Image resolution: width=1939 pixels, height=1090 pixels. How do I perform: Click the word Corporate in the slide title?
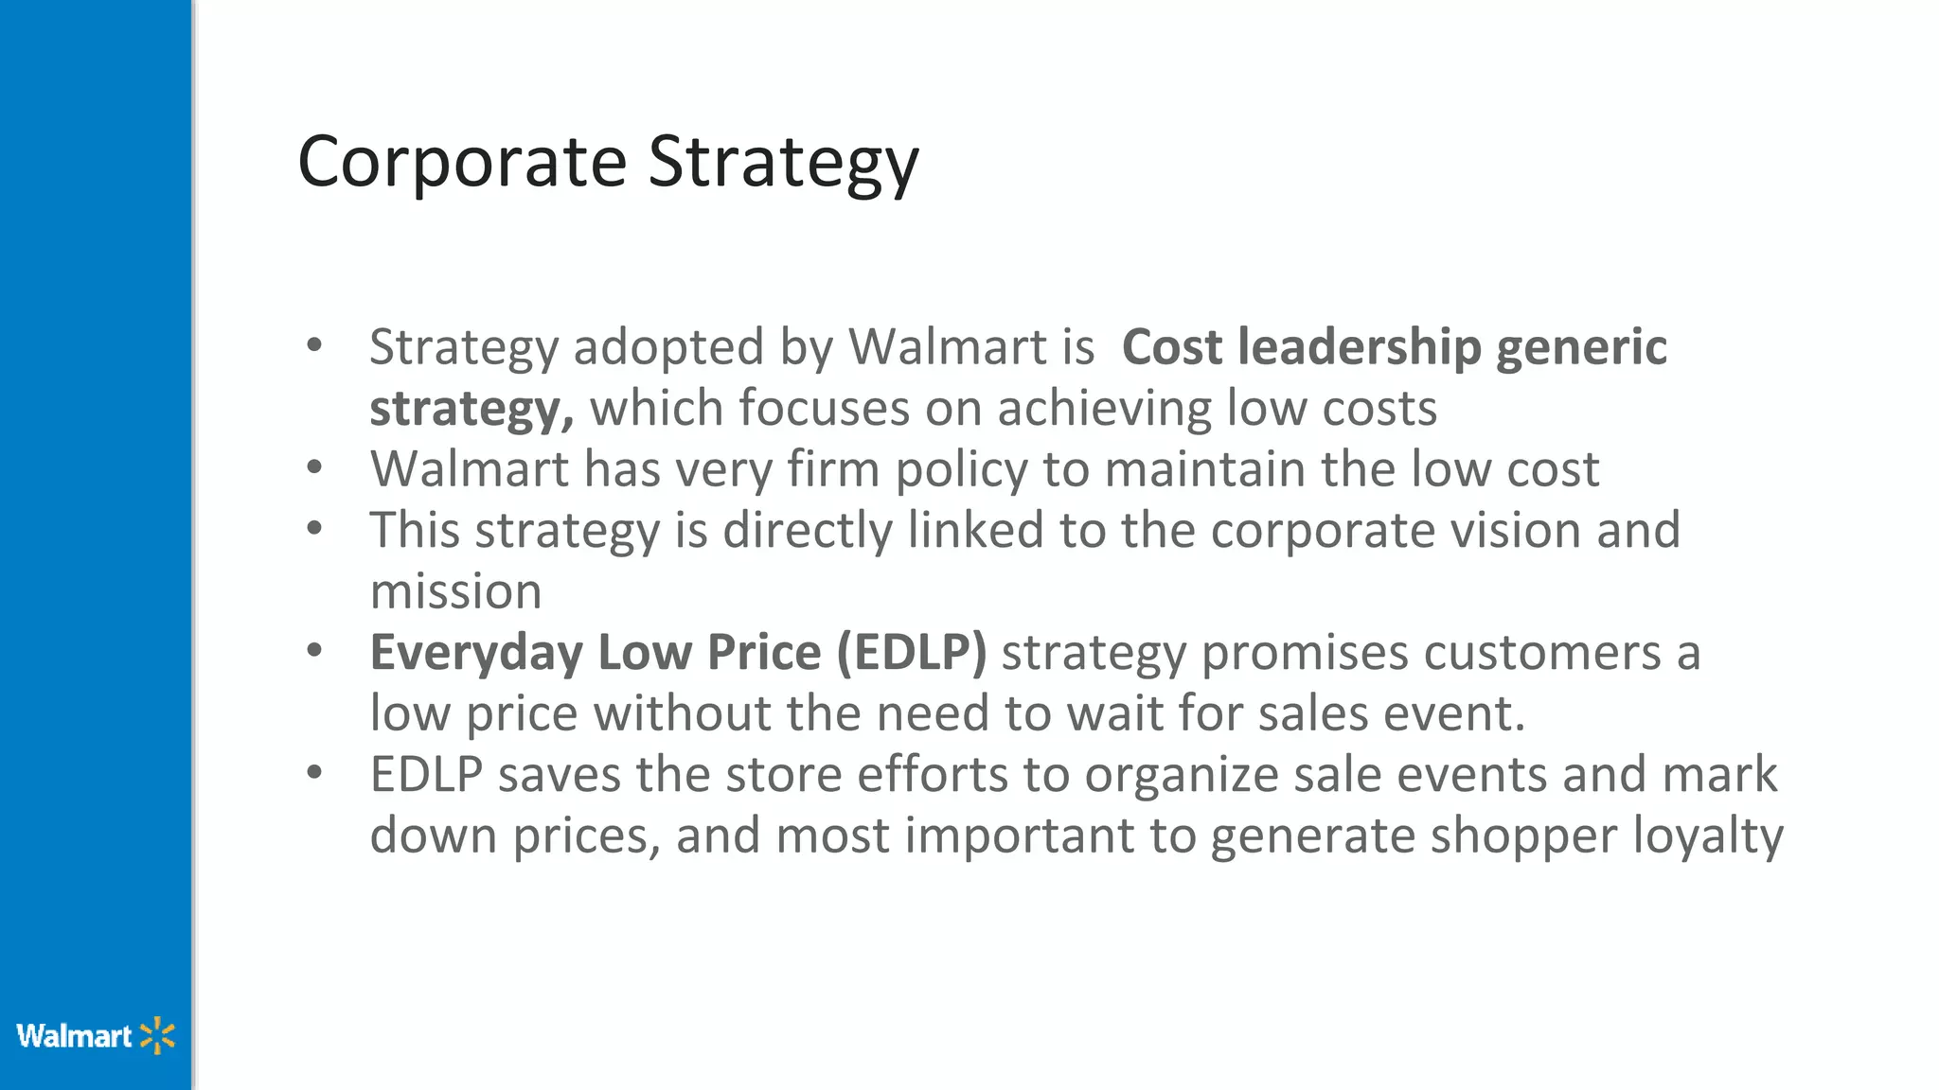(462, 162)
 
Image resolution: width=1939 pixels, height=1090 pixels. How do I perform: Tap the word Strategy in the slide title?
(783, 164)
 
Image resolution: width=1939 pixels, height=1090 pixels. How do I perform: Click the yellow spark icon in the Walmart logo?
(157, 1036)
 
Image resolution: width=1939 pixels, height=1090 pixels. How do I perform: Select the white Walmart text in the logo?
(74, 1036)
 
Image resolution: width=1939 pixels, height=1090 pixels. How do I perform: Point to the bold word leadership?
(1359, 347)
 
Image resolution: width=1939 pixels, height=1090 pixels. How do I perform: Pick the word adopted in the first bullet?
(668, 347)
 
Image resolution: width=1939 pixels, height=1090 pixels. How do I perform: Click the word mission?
(455, 592)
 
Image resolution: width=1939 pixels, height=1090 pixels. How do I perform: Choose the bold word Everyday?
(476, 653)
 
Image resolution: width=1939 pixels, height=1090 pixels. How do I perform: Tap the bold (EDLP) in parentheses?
(911, 653)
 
